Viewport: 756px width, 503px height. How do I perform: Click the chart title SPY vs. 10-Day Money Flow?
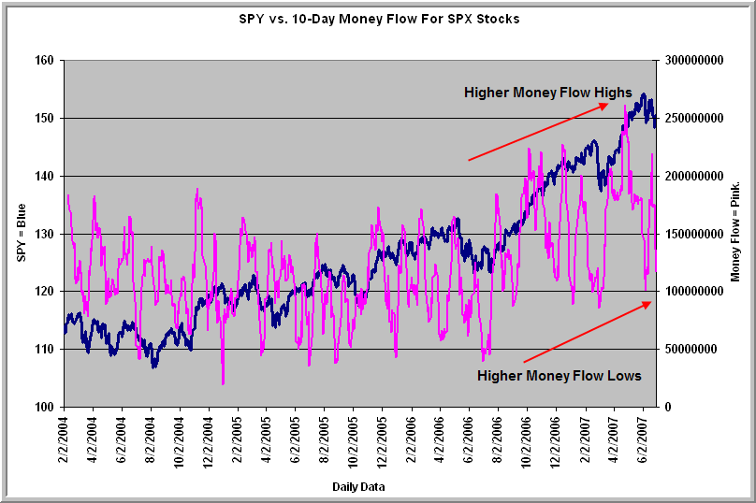point(379,19)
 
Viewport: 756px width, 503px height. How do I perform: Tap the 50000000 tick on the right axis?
point(686,349)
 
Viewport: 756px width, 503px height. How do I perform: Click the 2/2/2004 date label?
point(65,439)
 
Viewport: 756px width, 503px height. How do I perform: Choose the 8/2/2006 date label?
point(497,439)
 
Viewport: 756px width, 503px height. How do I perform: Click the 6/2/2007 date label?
point(641,439)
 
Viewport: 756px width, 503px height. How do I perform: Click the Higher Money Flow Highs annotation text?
point(548,92)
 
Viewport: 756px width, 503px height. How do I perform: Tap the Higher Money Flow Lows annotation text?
point(560,376)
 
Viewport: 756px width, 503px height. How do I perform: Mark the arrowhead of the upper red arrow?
point(606,104)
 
